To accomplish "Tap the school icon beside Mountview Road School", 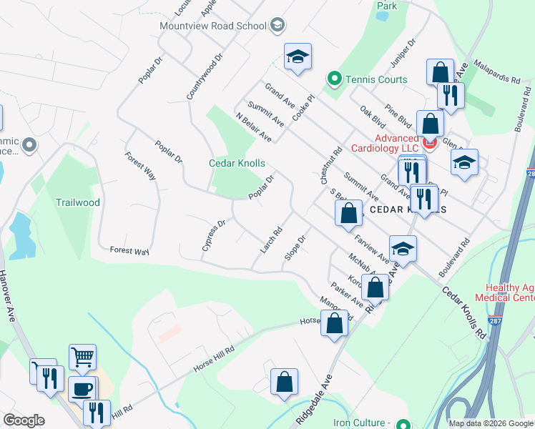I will tap(277, 26).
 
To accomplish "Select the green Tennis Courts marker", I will tap(333, 79).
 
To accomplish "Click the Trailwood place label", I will tap(78, 202).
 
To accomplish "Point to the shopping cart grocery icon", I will tap(82, 357).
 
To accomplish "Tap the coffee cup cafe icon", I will tap(82, 389).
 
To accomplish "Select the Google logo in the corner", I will tap(24, 420).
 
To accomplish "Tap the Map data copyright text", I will tap(490, 423).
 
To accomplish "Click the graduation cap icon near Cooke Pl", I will tap(298, 57).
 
